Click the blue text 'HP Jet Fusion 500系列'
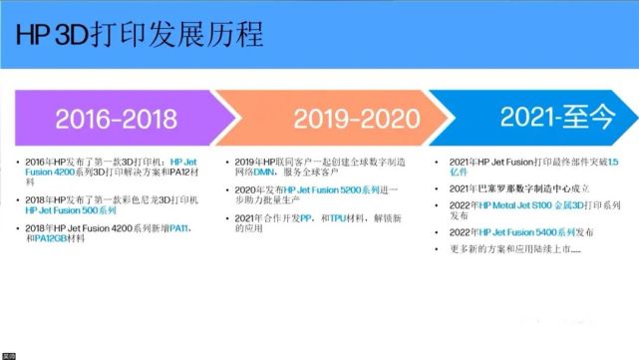(x=71, y=210)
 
